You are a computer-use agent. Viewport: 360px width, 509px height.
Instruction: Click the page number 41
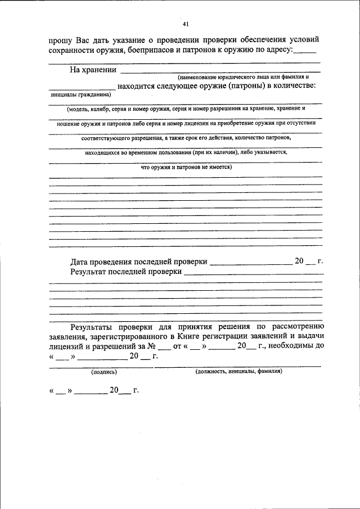pyautogui.click(x=186, y=24)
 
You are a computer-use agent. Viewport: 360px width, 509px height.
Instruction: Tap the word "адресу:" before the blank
pyautogui.click(x=278, y=51)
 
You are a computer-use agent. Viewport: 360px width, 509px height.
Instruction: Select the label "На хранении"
pyautogui.click(x=93, y=70)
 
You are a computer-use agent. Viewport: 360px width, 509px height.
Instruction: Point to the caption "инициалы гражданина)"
pyautogui.click(x=73, y=94)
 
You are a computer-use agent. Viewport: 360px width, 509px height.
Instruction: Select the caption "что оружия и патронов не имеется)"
pyautogui.click(x=186, y=166)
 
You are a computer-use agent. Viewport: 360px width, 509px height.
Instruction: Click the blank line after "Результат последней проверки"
pyautogui.click(x=253, y=273)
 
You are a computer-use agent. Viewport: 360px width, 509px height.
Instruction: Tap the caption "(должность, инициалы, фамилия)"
pyautogui.click(x=238, y=372)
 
